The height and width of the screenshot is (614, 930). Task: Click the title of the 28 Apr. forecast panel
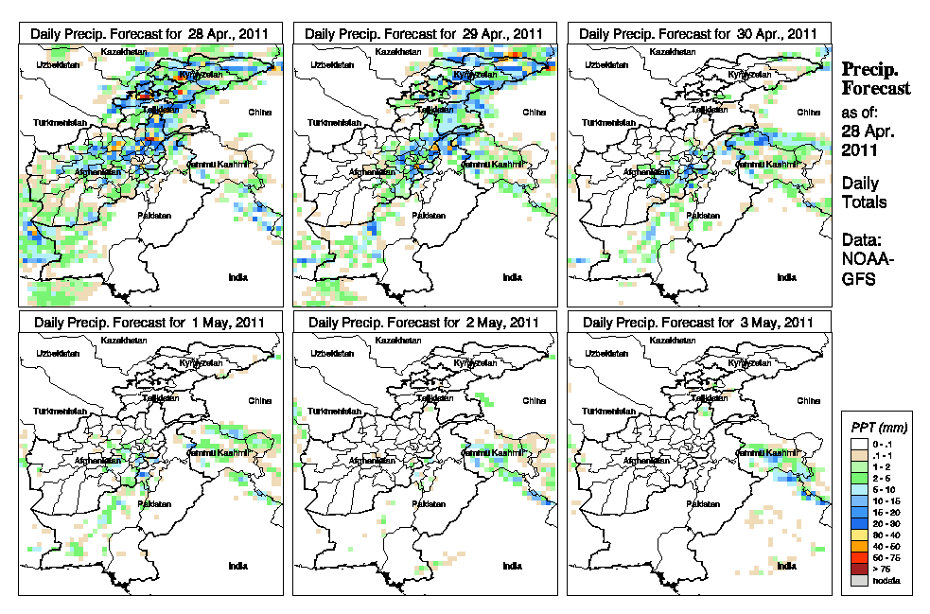[x=150, y=33]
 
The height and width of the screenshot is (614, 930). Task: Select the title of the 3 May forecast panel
[x=699, y=323]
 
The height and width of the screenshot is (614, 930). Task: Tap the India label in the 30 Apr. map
[x=785, y=277]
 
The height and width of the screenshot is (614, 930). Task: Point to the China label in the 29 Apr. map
[x=532, y=112]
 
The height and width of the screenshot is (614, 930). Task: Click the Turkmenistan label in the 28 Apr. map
[x=60, y=124]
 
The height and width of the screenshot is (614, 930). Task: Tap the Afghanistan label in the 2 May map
[x=375, y=460]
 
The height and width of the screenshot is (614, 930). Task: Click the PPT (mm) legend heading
[x=877, y=427]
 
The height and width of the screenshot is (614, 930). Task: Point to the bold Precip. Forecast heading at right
[x=876, y=79]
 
